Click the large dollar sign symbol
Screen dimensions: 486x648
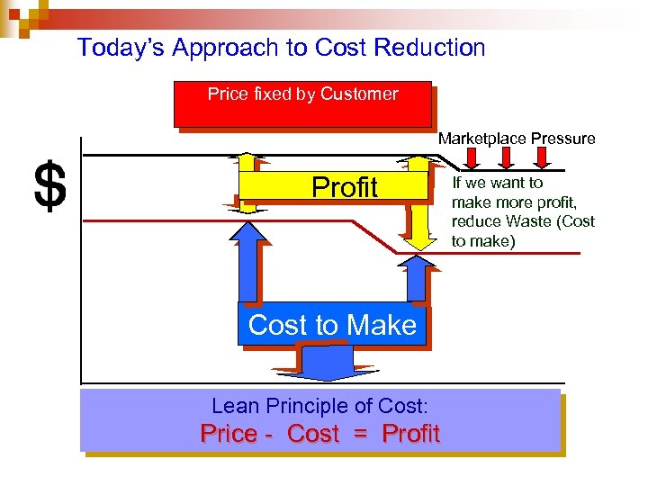(49, 187)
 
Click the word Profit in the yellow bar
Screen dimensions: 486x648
(344, 187)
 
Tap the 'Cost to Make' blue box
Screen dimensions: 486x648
(332, 325)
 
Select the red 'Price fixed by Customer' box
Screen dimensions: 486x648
(302, 104)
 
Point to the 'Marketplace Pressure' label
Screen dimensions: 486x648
(517, 139)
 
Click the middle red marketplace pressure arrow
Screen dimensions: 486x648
(507, 158)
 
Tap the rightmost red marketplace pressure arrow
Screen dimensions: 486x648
(542, 158)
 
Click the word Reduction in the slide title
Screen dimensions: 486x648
(428, 48)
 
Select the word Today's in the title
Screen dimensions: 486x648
(120, 48)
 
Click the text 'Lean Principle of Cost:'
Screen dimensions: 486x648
(319, 406)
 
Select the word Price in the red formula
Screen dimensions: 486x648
(228, 434)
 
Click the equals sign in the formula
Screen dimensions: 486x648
(360, 434)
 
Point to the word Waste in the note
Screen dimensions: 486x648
(532, 221)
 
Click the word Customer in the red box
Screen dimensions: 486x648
(359, 94)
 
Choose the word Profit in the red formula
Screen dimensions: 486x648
(410, 434)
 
